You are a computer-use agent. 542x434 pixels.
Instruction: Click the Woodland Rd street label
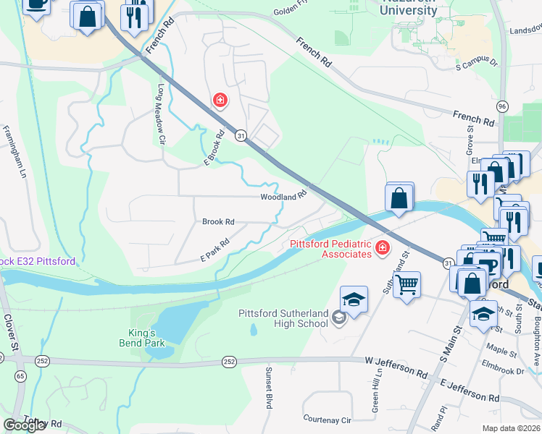pyautogui.click(x=284, y=196)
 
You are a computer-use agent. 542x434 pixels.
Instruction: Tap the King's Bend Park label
pyautogui.click(x=143, y=338)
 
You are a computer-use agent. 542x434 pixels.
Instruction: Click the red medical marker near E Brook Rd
pyautogui.click(x=218, y=100)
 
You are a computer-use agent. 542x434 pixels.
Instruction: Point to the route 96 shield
pyautogui.click(x=501, y=106)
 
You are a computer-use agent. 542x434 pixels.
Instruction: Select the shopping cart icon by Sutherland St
pyautogui.click(x=407, y=284)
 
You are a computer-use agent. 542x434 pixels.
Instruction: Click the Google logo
pyautogui.click(x=24, y=425)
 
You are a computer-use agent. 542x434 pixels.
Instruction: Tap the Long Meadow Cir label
pyautogui.click(x=162, y=112)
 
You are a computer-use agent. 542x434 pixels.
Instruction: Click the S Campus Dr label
pyautogui.click(x=477, y=65)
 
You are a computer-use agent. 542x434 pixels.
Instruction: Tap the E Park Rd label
pyautogui.click(x=214, y=250)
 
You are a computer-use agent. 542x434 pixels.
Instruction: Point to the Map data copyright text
pyautogui.click(x=510, y=428)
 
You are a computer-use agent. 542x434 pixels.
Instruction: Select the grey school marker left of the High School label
pyautogui.click(x=338, y=317)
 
